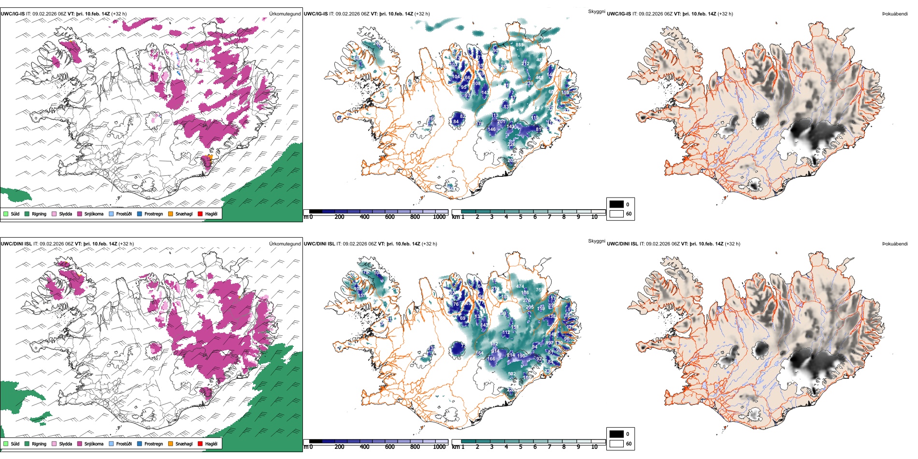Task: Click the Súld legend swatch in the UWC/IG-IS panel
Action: tap(6, 214)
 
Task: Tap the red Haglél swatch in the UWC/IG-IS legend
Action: tap(200, 214)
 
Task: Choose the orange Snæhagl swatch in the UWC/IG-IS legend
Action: tap(171, 214)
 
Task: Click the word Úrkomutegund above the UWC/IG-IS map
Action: tap(285, 14)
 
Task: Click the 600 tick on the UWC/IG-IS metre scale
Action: tap(389, 217)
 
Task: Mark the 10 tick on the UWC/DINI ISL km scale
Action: tap(594, 447)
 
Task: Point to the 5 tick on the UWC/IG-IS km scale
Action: tap(520, 217)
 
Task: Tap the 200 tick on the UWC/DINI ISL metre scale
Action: tap(339, 447)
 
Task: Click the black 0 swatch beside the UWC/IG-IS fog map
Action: tap(617, 204)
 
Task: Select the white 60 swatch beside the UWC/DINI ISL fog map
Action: tap(617, 444)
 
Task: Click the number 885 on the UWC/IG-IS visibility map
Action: tap(519, 45)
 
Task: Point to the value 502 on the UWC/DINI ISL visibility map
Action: tap(512, 374)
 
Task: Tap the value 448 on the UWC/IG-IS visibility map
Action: tap(539, 77)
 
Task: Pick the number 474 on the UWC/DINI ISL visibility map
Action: tap(520, 287)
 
